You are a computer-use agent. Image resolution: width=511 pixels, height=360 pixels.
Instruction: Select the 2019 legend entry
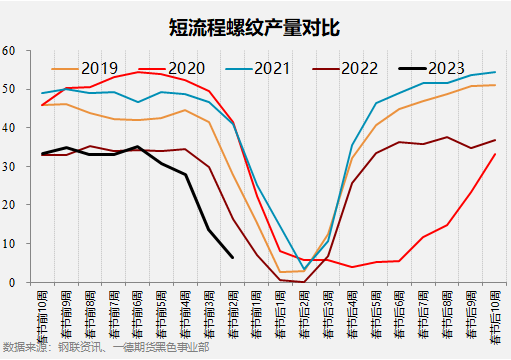(98, 68)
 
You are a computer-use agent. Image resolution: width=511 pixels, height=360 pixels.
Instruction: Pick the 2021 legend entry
(271, 68)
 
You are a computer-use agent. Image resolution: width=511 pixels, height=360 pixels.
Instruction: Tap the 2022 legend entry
(359, 68)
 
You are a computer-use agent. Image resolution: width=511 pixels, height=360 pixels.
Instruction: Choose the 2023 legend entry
(445, 68)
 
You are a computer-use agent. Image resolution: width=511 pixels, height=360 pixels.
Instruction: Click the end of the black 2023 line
(233, 257)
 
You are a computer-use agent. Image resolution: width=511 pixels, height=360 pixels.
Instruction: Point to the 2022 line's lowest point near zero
(304, 282)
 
